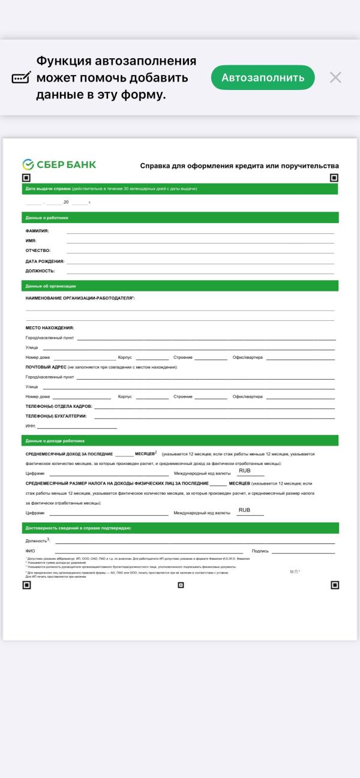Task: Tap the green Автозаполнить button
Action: click(x=263, y=77)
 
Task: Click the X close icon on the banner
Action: click(x=335, y=77)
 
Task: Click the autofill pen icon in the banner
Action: click(x=22, y=78)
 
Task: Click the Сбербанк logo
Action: click(x=59, y=164)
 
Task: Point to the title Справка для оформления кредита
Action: click(x=239, y=166)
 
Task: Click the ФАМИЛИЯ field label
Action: click(x=37, y=230)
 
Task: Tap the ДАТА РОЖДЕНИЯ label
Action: click(x=44, y=261)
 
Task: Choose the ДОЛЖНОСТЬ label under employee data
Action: click(x=40, y=271)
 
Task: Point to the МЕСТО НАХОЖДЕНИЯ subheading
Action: click(x=49, y=328)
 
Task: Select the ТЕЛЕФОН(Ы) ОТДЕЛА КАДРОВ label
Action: click(x=58, y=406)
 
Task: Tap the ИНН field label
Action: click(x=31, y=426)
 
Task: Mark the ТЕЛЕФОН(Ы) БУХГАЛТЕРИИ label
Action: click(x=56, y=416)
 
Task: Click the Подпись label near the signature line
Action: click(x=260, y=550)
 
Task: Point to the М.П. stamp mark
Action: click(x=295, y=572)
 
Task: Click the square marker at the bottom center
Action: click(x=181, y=585)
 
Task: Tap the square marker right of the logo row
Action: click(x=334, y=178)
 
